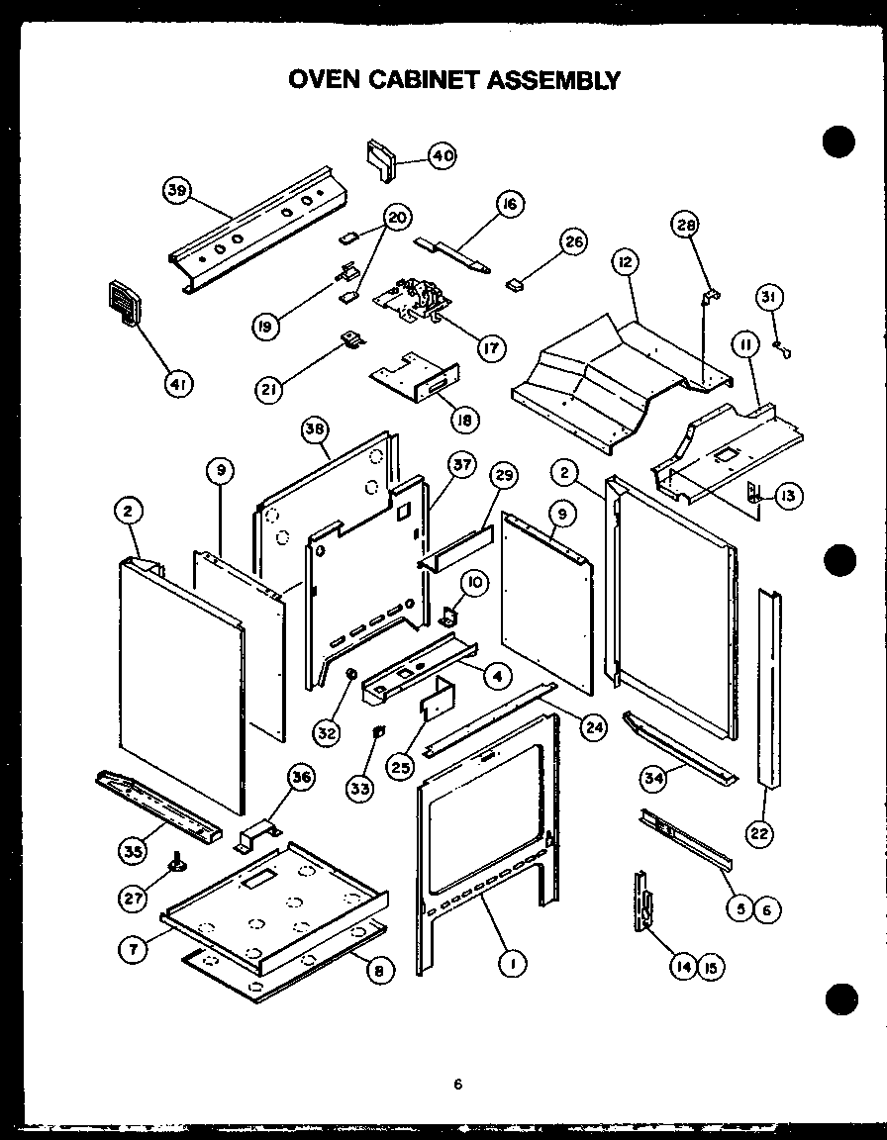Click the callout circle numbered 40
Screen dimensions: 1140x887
pyautogui.click(x=443, y=154)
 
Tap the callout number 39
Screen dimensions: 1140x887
pyautogui.click(x=178, y=192)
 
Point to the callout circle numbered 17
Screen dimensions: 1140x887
pyautogui.click(x=490, y=348)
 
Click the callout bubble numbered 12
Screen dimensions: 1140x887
pyautogui.click(x=625, y=262)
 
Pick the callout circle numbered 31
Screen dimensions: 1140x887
pyautogui.click(x=769, y=296)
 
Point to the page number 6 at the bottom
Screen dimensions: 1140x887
pyautogui.click(x=457, y=1084)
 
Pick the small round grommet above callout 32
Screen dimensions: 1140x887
pyautogui.click(x=350, y=675)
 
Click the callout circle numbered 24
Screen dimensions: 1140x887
pyautogui.click(x=592, y=728)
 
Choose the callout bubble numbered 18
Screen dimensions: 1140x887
pyautogui.click(x=463, y=419)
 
